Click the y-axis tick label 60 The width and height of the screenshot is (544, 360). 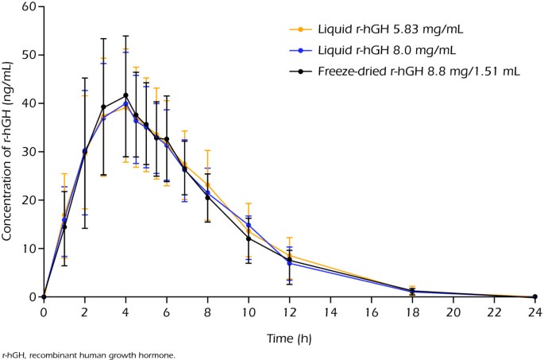(x=29, y=6)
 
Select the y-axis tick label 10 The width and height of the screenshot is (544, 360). (x=29, y=249)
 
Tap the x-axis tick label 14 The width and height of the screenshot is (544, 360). (x=330, y=312)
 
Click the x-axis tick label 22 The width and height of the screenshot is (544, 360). (x=494, y=312)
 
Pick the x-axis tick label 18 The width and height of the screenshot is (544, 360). (x=412, y=312)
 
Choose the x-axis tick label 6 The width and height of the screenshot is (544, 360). (x=167, y=312)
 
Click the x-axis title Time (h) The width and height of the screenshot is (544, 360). (x=289, y=339)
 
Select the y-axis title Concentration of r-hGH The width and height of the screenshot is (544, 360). (x=6, y=151)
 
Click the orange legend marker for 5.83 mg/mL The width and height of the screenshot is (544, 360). (x=301, y=29)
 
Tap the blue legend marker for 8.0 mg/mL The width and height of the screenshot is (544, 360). (x=301, y=51)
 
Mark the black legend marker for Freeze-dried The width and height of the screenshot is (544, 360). (x=301, y=72)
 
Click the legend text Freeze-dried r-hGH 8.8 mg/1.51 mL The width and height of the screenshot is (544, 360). (x=419, y=72)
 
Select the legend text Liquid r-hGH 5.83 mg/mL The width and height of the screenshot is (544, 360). (x=390, y=29)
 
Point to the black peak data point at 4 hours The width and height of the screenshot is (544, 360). (x=125, y=95)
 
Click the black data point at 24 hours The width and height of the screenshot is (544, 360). (x=534, y=296)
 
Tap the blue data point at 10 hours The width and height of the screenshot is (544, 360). (x=249, y=225)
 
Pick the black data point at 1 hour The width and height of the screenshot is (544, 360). (x=64, y=227)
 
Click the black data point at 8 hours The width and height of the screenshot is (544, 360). (x=207, y=198)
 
